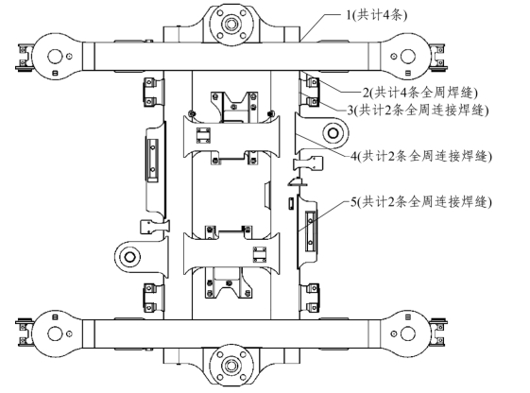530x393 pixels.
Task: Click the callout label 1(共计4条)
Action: click(376, 15)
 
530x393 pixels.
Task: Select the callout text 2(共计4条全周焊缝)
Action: click(420, 93)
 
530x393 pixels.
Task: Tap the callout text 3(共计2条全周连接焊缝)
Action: click(418, 111)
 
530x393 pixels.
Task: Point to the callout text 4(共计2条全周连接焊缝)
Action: click(421, 157)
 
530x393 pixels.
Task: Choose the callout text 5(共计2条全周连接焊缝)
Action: click(421, 202)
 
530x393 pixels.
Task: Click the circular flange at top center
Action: click(231, 25)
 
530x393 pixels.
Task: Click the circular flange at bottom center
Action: click(231, 366)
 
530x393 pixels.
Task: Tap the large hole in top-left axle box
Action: click(55, 56)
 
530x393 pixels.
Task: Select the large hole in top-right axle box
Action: click(408, 56)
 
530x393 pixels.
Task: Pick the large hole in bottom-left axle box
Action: click(55, 333)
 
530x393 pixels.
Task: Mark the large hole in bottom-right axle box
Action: click(408, 333)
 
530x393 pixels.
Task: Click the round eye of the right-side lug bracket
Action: click(333, 133)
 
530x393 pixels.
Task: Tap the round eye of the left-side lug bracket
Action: click(129, 257)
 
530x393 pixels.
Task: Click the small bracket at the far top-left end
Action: click(25, 58)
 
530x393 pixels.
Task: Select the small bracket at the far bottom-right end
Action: click(438, 333)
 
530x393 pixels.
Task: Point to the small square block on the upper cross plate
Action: click(203, 135)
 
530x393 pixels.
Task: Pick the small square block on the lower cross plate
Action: click(260, 254)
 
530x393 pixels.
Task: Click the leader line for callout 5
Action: click(323, 216)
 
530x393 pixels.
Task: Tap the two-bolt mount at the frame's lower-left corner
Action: click(150, 298)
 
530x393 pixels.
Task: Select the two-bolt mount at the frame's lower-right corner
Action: click(313, 298)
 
